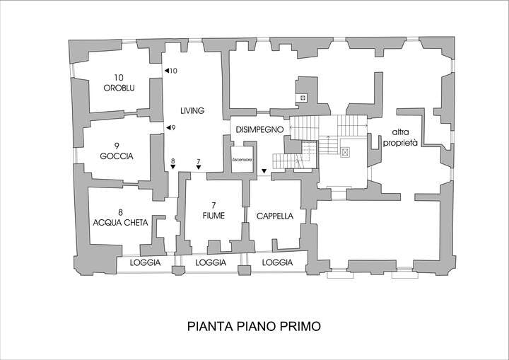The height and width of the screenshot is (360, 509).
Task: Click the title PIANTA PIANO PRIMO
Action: [254, 326]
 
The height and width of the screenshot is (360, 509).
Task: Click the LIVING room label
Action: [192, 111]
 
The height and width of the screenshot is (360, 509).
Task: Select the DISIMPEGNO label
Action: [259, 129]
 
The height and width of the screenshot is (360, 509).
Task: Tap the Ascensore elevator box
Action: [242, 160]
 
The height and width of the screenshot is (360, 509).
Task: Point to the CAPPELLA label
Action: [275, 216]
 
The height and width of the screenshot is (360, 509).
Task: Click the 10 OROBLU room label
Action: [119, 83]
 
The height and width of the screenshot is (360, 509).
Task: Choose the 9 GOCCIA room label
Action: [117, 151]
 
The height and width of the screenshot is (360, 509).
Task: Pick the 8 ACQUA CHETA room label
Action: [120, 218]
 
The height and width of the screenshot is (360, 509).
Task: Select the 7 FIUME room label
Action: [213, 211]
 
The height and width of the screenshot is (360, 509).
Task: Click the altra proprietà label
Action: [400, 137]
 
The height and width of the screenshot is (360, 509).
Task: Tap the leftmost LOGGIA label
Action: [145, 262]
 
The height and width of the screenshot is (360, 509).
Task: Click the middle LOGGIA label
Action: [211, 262]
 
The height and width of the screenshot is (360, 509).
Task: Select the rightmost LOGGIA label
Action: [277, 262]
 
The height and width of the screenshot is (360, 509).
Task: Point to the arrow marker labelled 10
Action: [167, 71]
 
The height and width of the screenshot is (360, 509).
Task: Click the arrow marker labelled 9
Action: [168, 128]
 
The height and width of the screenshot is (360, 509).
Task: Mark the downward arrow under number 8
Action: [172, 167]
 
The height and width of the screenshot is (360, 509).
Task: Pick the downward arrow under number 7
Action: [199, 167]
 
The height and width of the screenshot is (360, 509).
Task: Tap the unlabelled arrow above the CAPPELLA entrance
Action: [264, 171]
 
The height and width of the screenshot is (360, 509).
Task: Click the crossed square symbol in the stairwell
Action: [345, 152]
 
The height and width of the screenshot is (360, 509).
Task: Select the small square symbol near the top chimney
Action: [303, 98]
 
